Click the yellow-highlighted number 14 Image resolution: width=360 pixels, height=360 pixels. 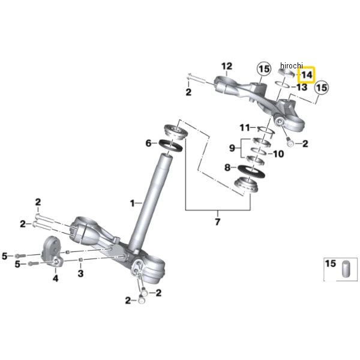[x=307, y=76]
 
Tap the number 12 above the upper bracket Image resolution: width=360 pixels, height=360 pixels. [x=226, y=65]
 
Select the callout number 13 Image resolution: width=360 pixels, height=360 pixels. [x=302, y=88]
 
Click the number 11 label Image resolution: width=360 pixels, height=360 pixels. [x=244, y=128]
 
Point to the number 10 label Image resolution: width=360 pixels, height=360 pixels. [x=278, y=154]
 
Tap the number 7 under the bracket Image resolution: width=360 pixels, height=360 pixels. [x=217, y=223]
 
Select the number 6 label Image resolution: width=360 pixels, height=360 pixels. [x=148, y=143]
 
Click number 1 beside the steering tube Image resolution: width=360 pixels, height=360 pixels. [x=133, y=203]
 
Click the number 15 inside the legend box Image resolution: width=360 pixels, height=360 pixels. [x=331, y=264]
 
